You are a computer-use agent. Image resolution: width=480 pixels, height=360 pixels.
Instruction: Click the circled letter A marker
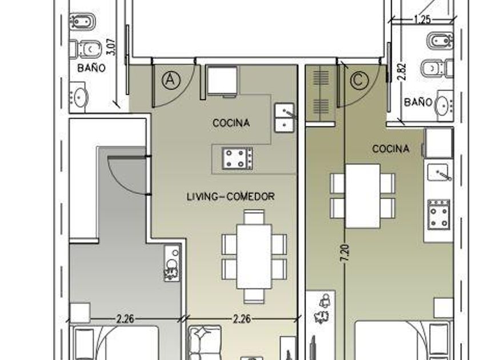coord(171,80)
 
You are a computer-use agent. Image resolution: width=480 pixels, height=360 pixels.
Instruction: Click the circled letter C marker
coord(359,80)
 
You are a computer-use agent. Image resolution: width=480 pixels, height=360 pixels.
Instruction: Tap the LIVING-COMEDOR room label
coord(230,197)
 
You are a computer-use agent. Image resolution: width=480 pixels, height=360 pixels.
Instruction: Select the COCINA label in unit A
coord(231,123)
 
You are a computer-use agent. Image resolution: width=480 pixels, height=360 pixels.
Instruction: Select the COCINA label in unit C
coord(391,149)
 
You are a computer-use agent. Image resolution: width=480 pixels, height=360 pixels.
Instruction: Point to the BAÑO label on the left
coord(91,67)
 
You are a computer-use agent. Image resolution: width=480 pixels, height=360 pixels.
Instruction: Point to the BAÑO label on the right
coord(418,102)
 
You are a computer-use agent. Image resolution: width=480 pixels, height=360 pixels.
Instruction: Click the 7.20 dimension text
coord(345,253)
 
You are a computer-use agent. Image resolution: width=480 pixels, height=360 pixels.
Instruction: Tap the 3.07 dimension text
coord(112,46)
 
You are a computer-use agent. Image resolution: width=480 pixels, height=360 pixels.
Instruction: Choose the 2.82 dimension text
coord(402,71)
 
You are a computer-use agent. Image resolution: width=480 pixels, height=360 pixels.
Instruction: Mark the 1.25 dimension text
coord(422,19)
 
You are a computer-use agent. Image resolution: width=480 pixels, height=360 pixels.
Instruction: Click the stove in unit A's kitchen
coord(238,158)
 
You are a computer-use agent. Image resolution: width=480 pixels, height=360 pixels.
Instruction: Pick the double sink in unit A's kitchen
coord(285,118)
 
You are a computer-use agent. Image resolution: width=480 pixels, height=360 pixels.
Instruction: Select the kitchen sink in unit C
coord(438,173)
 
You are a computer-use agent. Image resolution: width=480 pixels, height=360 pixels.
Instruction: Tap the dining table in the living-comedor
coord(254,257)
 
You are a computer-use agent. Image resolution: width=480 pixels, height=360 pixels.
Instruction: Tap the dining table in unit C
coord(363,196)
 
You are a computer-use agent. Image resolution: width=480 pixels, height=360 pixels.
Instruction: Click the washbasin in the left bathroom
coord(81,97)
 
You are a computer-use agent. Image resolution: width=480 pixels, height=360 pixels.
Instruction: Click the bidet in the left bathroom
coord(82,22)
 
